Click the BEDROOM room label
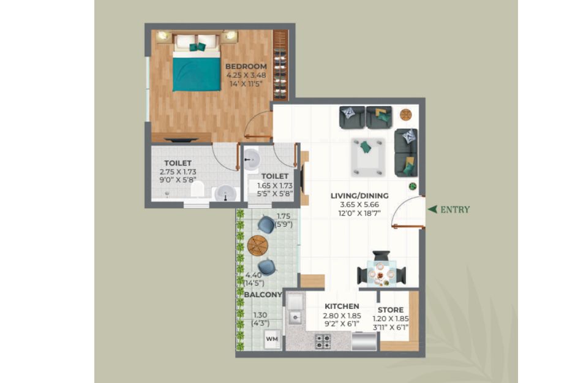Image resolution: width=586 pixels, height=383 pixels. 246,67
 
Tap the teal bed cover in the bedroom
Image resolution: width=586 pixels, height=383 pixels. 197,74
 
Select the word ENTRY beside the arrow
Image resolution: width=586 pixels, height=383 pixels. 455,210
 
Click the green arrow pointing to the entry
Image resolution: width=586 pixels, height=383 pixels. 432,210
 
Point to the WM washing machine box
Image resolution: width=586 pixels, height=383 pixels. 272,339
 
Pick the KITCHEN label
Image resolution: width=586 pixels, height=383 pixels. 342,306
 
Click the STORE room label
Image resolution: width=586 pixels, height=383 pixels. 391,310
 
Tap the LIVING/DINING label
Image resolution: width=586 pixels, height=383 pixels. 359,195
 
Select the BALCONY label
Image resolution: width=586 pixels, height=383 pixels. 263,295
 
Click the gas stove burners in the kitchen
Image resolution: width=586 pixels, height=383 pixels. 323,341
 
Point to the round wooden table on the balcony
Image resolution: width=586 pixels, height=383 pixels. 258,246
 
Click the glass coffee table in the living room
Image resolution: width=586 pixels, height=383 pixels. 368,157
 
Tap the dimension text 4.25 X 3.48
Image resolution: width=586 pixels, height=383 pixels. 246,75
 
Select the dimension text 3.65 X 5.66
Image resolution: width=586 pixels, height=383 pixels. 359,205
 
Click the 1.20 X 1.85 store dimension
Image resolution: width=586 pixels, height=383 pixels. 391,319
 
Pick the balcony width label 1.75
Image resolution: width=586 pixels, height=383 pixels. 284,216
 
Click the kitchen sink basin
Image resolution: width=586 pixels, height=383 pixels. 295,318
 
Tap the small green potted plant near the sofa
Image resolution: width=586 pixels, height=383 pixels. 412,186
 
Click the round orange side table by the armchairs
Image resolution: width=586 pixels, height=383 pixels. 406,115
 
